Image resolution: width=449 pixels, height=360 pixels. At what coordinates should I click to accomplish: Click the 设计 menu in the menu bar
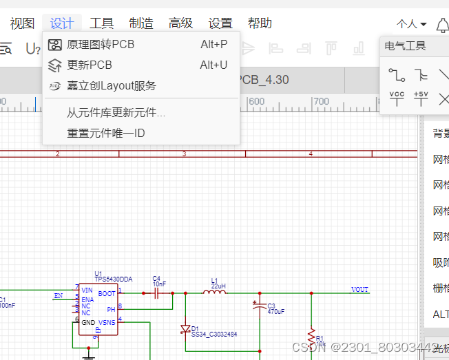pos(62,23)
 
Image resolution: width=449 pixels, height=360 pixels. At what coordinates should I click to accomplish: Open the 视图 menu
pos(22,23)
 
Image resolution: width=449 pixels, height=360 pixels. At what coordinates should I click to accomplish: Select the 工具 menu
pos(102,23)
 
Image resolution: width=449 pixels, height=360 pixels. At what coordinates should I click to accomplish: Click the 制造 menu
pos(141,23)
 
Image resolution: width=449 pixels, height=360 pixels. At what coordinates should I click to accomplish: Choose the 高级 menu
pos(181,23)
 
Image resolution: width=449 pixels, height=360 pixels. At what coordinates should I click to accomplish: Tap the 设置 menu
pos(220,23)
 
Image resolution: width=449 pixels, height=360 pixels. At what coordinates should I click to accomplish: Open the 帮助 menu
pos(260,23)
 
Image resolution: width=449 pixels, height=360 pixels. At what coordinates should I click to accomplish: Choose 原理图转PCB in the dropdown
pos(101,45)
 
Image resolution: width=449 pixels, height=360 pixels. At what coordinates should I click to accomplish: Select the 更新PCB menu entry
pos(90,65)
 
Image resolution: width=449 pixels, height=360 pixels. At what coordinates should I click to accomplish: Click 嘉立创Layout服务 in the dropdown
pos(112,86)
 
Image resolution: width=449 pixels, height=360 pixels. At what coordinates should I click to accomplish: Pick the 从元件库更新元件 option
pos(116,113)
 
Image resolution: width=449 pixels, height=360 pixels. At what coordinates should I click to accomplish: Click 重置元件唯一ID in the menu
pos(106,133)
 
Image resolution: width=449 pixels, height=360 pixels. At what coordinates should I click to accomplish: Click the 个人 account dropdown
pos(412,24)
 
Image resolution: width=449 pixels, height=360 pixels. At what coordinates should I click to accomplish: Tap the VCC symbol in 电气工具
pos(397,98)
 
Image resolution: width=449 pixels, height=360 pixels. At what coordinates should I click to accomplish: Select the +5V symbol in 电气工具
pos(421,98)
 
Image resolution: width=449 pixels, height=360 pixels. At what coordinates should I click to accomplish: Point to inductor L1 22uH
pos(214,292)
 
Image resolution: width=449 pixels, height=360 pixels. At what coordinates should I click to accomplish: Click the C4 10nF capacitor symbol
pos(157,293)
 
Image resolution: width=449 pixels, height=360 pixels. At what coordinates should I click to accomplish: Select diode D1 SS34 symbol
pos(185,329)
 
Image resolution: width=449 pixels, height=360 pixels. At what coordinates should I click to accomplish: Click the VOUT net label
pos(359,290)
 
